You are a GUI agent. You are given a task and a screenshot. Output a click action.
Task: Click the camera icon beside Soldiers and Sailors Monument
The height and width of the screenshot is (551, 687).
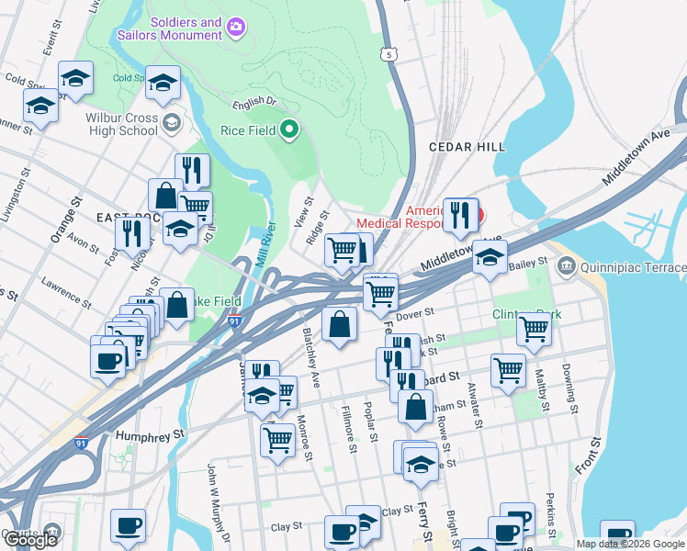236,27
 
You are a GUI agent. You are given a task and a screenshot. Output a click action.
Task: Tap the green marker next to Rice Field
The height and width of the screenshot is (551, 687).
289,130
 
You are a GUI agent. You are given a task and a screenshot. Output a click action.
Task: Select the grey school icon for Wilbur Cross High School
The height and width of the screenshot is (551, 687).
171,122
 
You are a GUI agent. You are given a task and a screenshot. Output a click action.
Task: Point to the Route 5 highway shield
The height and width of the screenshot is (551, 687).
391,55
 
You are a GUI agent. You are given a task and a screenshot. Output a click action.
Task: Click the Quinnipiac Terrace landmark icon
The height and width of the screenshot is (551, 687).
566,267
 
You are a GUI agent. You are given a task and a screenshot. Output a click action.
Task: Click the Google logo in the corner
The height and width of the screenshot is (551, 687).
32,540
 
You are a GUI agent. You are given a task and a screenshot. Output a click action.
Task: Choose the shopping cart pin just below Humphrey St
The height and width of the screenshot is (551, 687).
276,439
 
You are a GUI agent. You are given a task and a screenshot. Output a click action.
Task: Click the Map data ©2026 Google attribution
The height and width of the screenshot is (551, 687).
629,544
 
